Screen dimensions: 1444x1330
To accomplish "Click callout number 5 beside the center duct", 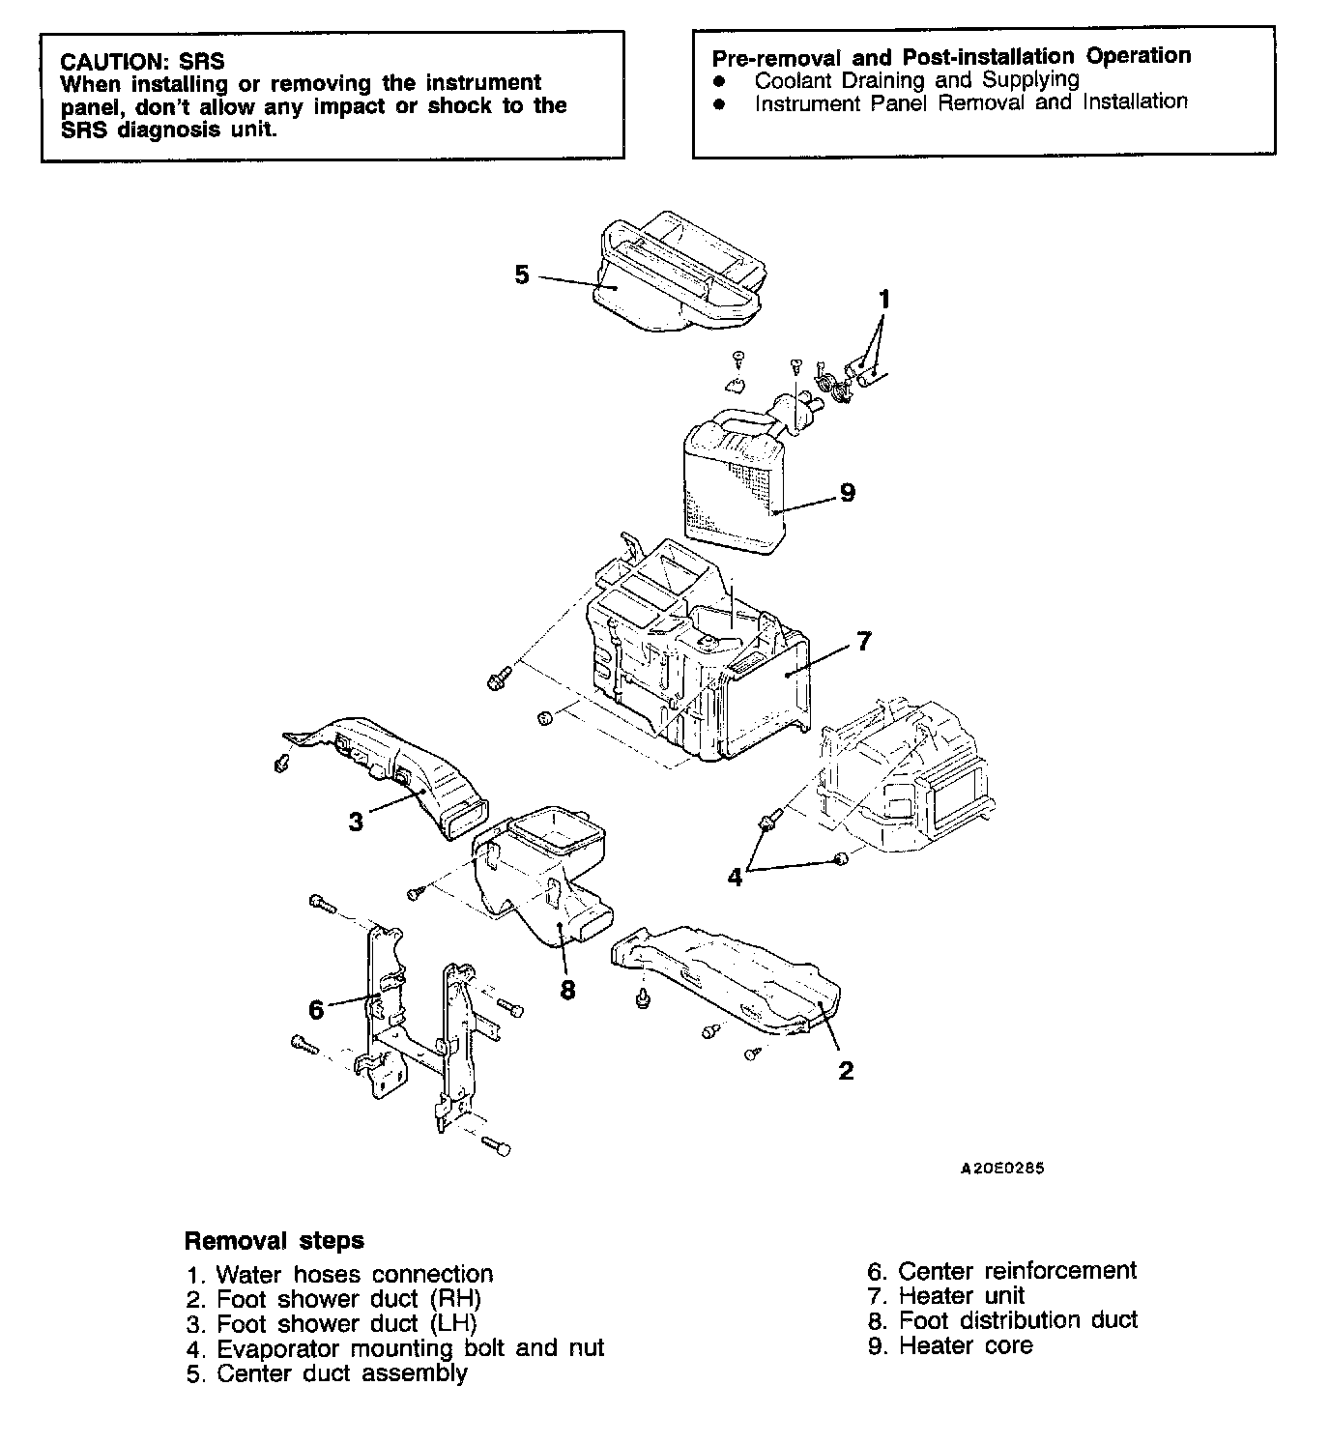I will click(x=522, y=275).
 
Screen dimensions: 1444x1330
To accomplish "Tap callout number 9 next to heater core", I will click(x=847, y=493).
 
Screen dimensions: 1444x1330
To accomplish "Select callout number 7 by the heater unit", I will click(x=863, y=640).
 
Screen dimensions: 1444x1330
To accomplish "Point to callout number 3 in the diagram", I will click(x=356, y=822).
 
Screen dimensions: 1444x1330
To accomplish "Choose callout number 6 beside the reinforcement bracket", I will click(x=316, y=1009).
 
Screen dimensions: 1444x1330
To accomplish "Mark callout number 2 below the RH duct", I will click(x=846, y=1070).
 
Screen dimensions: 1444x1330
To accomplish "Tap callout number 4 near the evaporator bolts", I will click(x=735, y=877).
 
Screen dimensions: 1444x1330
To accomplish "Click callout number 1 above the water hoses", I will click(x=882, y=299).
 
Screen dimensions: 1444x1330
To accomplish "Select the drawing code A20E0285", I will click(x=1002, y=1168).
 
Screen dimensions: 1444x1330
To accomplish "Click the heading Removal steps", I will click(x=275, y=1240).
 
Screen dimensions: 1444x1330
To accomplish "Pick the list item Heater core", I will click(x=950, y=1345).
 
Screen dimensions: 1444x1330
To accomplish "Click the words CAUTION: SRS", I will click(x=142, y=62).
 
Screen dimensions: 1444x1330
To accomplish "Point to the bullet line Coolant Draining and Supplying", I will click(x=916, y=79).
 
